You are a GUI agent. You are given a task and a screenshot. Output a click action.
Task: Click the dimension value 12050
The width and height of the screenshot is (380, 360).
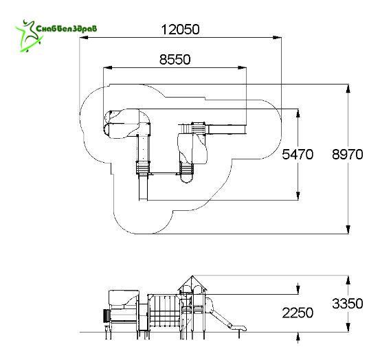pyautogui.click(x=180, y=30)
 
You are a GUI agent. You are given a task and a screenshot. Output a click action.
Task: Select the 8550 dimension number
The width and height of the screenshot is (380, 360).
pyautogui.click(x=175, y=59)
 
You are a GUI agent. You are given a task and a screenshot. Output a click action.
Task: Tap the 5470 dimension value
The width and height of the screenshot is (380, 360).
pyautogui.click(x=298, y=155)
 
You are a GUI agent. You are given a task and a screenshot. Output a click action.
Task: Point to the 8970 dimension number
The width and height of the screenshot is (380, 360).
pyautogui.click(x=348, y=155)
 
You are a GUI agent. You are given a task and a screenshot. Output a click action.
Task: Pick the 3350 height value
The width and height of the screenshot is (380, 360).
pyautogui.click(x=348, y=304)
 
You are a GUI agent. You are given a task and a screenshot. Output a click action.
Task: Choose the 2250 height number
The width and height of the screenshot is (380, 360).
pyautogui.click(x=298, y=313)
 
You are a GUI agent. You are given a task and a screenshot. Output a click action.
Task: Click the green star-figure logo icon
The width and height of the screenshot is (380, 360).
pyautogui.click(x=29, y=36)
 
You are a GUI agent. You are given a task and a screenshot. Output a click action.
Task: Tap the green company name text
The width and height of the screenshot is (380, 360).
pyautogui.click(x=67, y=28)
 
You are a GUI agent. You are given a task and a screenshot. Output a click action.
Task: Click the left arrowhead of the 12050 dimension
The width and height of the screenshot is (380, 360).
pyautogui.click(x=84, y=38)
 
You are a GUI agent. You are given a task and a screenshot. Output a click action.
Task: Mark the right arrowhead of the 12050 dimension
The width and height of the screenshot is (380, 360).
pyautogui.click(x=277, y=38)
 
